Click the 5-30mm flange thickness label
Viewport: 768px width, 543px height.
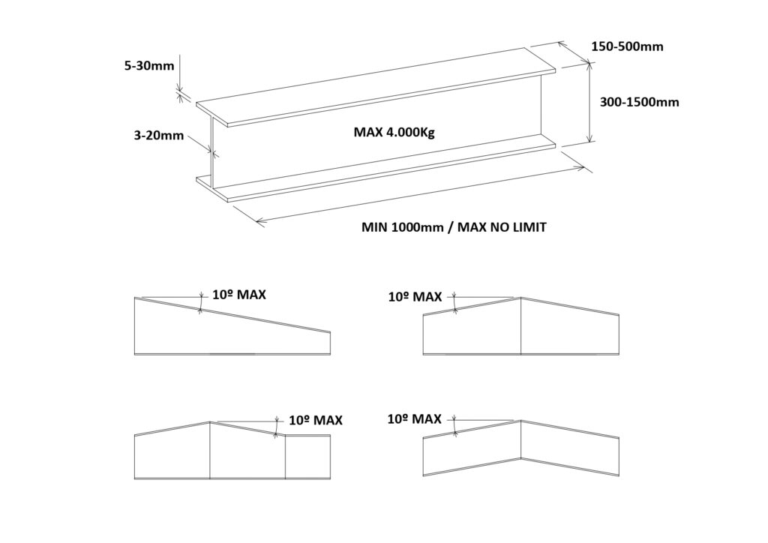(x=149, y=65)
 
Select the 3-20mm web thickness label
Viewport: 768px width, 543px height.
(x=159, y=135)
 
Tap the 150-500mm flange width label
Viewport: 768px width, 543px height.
(x=628, y=46)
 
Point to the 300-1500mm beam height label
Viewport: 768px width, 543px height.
(x=639, y=102)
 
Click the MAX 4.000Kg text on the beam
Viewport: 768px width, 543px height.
(x=394, y=133)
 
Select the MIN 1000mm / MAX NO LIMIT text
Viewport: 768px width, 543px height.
(x=454, y=227)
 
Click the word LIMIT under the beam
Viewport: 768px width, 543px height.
(x=528, y=227)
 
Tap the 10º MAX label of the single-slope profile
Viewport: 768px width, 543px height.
(x=239, y=295)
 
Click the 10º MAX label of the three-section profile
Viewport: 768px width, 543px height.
(x=316, y=420)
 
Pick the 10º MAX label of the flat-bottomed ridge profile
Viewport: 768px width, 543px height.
(x=415, y=297)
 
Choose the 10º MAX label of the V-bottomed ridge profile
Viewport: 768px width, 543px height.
(x=414, y=419)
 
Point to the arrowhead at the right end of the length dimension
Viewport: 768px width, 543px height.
(x=580, y=169)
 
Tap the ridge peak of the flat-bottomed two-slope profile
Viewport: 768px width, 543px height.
(x=520, y=298)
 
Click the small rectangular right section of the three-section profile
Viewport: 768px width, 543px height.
(x=307, y=456)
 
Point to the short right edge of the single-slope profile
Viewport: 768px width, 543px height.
(x=330, y=343)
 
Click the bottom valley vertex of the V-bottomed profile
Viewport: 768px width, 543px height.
(x=520, y=459)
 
